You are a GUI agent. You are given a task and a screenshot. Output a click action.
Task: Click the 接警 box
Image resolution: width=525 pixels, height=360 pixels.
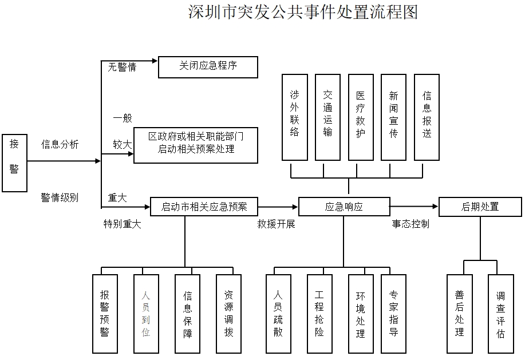click(x=14, y=163)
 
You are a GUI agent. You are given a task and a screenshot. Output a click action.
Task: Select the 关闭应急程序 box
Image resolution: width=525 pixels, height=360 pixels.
click(x=208, y=67)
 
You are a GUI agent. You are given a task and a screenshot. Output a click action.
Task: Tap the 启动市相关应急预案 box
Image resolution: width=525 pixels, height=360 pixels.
click(x=204, y=207)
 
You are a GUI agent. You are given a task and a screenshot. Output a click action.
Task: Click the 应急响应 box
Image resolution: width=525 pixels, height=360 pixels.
click(x=344, y=207)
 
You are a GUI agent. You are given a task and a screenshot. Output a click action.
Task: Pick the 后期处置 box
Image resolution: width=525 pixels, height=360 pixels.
click(x=480, y=207)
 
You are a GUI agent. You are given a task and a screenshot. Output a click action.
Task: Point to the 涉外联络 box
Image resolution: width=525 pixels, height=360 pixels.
click(x=295, y=117)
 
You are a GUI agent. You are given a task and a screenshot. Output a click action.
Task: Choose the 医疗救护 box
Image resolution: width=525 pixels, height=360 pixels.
click(x=361, y=117)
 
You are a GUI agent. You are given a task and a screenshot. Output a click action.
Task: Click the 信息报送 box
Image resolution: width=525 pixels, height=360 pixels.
click(x=427, y=117)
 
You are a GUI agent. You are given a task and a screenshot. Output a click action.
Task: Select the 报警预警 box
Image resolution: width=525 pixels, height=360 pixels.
click(x=105, y=314)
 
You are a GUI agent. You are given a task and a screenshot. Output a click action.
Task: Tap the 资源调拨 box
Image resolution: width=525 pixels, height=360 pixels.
click(x=228, y=314)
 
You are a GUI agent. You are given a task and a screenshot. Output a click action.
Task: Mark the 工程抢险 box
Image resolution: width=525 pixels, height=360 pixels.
click(x=319, y=314)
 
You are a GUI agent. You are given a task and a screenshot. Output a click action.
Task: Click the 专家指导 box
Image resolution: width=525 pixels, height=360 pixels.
click(x=394, y=314)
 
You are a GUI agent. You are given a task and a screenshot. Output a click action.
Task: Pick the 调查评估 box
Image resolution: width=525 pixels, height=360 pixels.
click(x=501, y=314)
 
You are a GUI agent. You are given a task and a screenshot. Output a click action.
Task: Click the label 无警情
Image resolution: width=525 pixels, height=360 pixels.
click(x=122, y=67)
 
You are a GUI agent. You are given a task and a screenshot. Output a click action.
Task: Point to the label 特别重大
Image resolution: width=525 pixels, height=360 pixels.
click(x=122, y=224)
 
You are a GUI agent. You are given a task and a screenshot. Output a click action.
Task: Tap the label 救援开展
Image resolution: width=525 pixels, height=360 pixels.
click(x=276, y=224)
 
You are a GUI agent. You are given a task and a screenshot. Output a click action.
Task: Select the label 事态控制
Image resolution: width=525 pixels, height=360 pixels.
click(x=410, y=224)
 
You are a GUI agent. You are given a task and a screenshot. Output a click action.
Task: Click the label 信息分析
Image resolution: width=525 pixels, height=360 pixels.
click(x=60, y=144)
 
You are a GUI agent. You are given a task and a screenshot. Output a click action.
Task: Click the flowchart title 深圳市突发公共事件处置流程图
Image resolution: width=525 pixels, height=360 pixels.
click(x=303, y=12)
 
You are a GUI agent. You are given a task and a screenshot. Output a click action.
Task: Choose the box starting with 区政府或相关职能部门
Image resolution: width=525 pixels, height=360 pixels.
click(x=196, y=145)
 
